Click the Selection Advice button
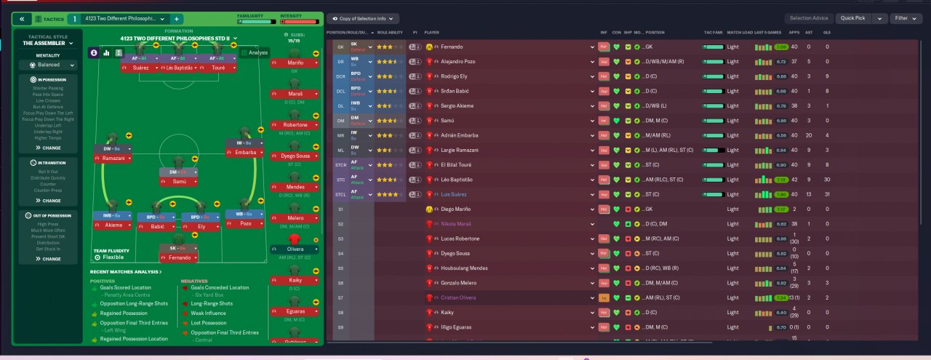808,18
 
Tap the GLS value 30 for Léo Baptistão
826,180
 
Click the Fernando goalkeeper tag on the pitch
179,257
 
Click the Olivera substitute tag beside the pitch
295,249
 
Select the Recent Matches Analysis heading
125,271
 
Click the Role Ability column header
390,33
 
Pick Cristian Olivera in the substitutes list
458,297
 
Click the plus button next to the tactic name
177,18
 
